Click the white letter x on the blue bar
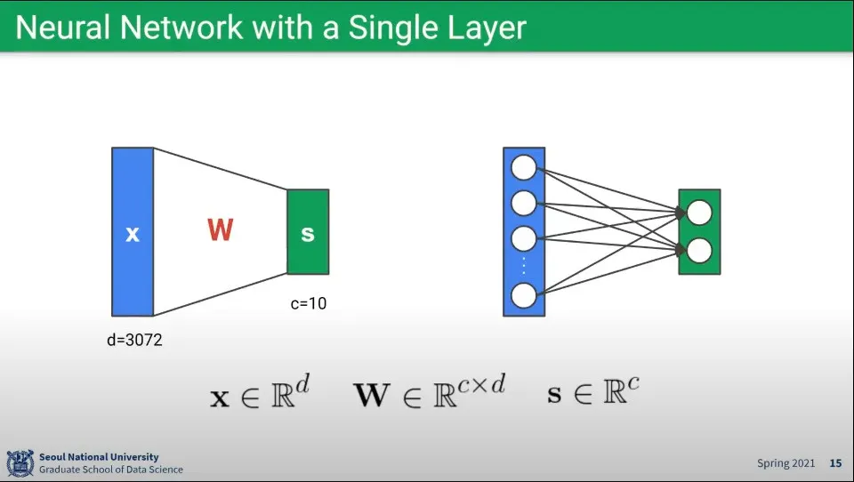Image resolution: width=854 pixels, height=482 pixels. (133, 234)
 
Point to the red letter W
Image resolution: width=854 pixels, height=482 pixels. (220, 230)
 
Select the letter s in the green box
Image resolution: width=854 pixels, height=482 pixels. (308, 234)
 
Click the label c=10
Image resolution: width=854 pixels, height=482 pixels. (309, 303)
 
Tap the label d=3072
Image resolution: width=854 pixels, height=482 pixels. (134, 340)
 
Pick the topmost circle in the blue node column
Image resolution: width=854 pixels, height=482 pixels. (524, 167)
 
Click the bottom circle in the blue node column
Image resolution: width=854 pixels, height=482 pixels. (524, 294)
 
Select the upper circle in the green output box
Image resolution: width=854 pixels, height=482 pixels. (699, 213)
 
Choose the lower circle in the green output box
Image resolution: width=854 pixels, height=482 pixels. (699, 251)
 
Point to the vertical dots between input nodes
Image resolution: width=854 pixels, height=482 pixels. (524, 266)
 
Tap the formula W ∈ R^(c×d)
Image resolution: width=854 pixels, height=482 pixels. (430, 392)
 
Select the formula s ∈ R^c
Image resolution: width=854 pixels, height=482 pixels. (593, 391)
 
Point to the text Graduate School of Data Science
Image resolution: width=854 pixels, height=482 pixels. (111, 470)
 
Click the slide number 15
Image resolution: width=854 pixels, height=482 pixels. (835, 463)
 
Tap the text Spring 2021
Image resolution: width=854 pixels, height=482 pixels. (786, 463)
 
